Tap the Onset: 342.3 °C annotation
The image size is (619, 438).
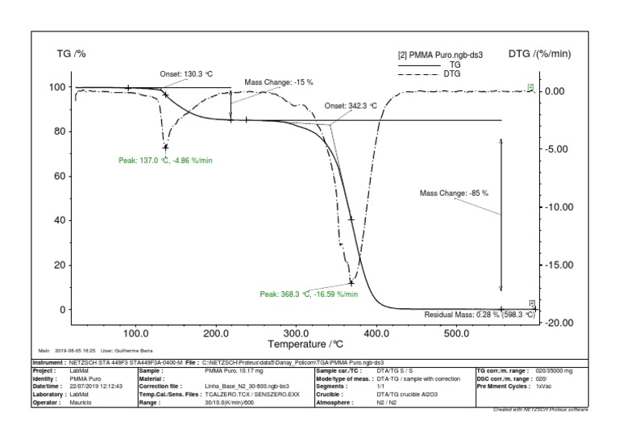click(x=351, y=106)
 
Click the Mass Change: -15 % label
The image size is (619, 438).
click(x=279, y=82)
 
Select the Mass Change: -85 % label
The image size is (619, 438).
click(x=455, y=194)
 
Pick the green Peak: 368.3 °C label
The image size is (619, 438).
click(x=309, y=294)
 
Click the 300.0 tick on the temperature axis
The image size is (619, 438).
click(x=296, y=332)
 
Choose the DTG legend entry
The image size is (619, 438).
click(x=452, y=73)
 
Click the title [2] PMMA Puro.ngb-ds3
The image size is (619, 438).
click(x=439, y=56)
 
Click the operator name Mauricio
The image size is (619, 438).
click(x=81, y=401)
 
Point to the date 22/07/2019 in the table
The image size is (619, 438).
click(x=85, y=386)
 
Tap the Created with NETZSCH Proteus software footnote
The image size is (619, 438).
click(x=539, y=410)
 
